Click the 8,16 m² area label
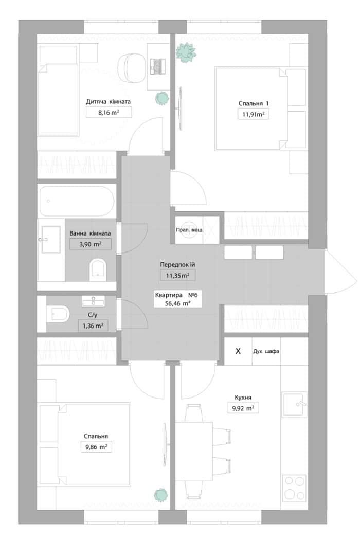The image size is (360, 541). pyautogui.click(x=109, y=112)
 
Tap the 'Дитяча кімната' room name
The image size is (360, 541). pyautogui.click(x=109, y=102)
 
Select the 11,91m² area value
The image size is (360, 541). pyautogui.click(x=254, y=114)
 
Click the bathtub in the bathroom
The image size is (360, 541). pyautogui.click(x=76, y=201)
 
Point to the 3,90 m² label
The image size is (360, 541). pyautogui.click(x=91, y=244)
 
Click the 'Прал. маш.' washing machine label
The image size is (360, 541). pyautogui.click(x=189, y=229)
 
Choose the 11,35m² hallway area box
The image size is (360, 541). pyautogui.click(x=177, y=275)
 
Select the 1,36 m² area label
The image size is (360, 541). pyautogui.click(x=93, y=326)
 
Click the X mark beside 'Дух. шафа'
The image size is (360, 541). pyautogui.click(x=238, y=351)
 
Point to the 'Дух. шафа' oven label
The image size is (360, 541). pyautogui.click(x=266, y=351)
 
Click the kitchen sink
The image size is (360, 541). pyautogui.click(x=294, y=404)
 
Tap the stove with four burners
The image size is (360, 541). pyautogui.click(x=294, y=488)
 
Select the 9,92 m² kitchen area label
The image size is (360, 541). pyautogui.click(x=243, y=408)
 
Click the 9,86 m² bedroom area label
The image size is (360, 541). pyautogui.click(x=96, y=447)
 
